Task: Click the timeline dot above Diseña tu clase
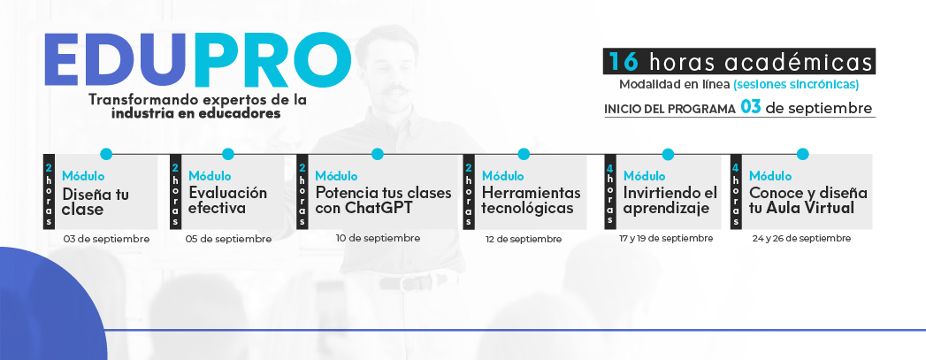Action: pyautogui.click(x=106, y=154)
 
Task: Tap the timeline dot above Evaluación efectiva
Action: pyautogui.click(x=228, y=154)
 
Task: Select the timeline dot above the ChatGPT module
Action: pyautogui.click(x=378, y=154)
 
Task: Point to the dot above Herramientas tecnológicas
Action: pyautogui.click(x=524, y=154)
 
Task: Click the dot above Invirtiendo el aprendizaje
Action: pyautogui.click(x=668, y=154)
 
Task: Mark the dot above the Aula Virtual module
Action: pyautogui.click(x=802, y=154)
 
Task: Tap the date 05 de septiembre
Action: pyautogui.click(x=228, y=239)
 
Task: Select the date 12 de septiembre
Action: pyautogui.click(x=524, y=239)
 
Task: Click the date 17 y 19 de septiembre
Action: pyautogui.click(x=666, y=239)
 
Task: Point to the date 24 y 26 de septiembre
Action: pyautogui.click(x=801, y=239)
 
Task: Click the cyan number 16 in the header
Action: pyautogui.click(x=624, y=62)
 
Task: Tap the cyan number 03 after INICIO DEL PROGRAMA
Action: pyautogui.click(x=751, y=108)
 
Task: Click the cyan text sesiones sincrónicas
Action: pyautogui.click(x=796, y=84)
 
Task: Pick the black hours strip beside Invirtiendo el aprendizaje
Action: pyautogui.click(x=610, y=192)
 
